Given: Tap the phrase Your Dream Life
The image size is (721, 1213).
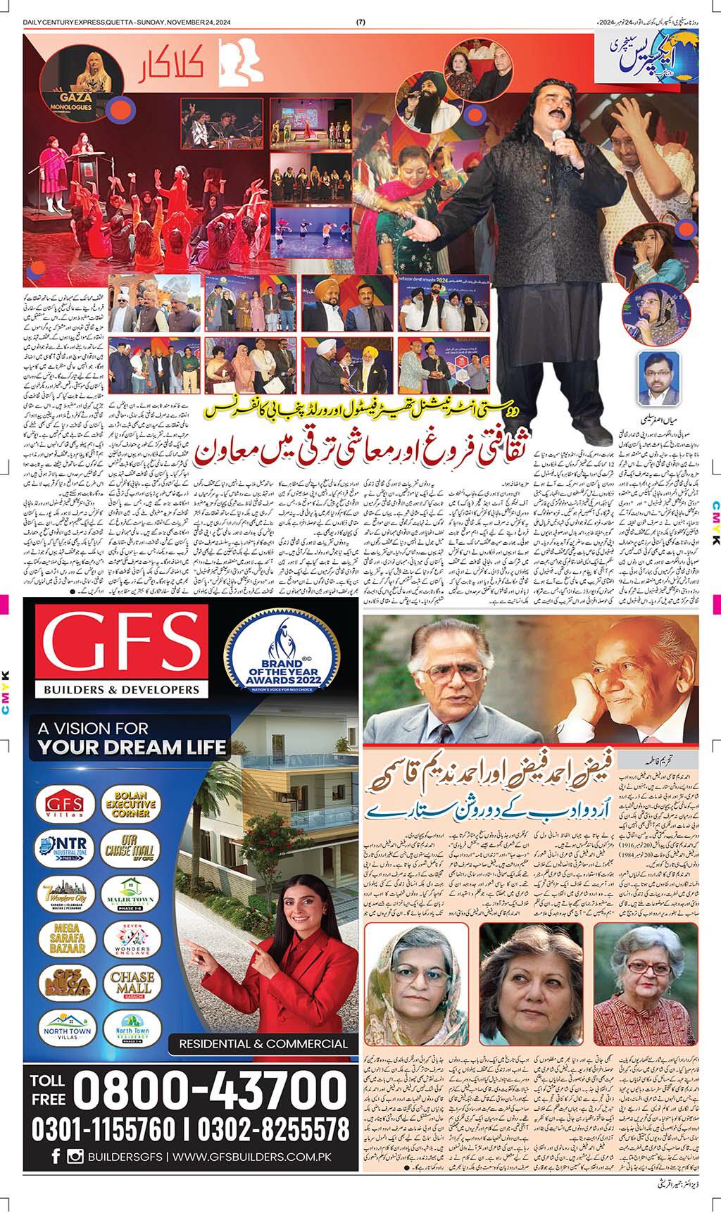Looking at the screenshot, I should pyautogui.click(x=131, y=746).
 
